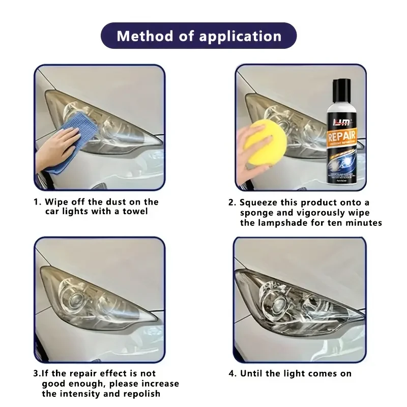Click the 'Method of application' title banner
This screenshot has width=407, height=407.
[x=198, y=36]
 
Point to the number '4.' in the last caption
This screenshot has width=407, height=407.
[x=232, y=373]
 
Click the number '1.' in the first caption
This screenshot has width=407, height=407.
[x=37, y=202]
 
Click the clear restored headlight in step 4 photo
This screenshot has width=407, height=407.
[x=300, y=303]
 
